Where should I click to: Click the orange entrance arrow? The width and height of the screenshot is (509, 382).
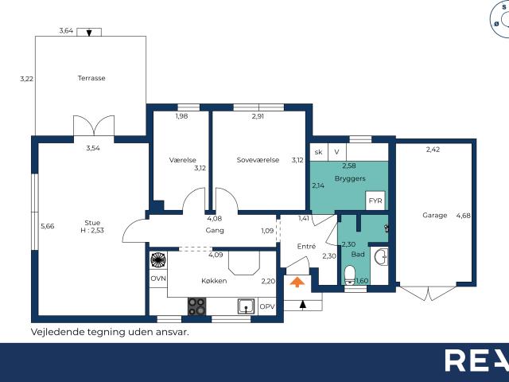pos(297,282)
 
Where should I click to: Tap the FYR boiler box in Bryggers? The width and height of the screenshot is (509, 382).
pos(375,201)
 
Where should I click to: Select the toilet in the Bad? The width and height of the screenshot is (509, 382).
pos(350,275)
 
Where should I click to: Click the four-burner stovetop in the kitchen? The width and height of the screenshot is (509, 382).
pos(196,306)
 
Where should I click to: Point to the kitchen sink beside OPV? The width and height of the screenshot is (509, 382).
pos(247,306)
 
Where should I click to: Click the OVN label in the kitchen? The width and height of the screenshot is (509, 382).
pos(158,279)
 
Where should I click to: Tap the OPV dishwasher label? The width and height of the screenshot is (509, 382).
pos(267,306)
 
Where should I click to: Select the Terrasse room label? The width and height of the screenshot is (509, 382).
pos(91,78)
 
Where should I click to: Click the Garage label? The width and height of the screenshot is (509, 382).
pos(435,215)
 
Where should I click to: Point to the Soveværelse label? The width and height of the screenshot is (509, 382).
pos(258,160)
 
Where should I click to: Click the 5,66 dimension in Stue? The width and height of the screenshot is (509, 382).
pos(48,226)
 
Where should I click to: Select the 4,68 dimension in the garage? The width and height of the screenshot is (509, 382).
pos(463,216)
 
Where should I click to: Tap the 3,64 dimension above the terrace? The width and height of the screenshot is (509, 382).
pos(66,31)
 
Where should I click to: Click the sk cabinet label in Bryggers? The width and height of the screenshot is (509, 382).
pos(318,152)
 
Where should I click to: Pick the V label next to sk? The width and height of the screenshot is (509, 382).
pos(336,152)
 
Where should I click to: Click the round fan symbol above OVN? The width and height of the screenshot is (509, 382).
pos(158,260)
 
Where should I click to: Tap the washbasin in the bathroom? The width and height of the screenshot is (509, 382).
pos(380,257)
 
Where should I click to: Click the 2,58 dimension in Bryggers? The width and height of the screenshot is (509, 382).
pos(349,166)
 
